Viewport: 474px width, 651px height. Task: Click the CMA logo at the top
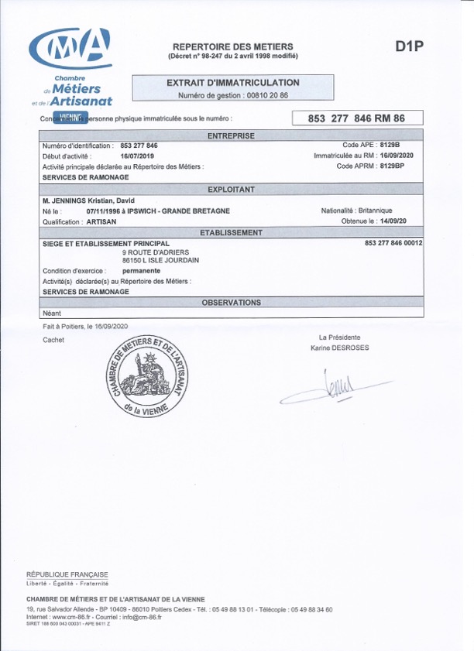70,49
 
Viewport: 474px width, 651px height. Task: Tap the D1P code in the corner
410,47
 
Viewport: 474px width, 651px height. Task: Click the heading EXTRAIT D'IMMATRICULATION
233,83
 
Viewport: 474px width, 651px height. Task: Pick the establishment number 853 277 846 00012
393,243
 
